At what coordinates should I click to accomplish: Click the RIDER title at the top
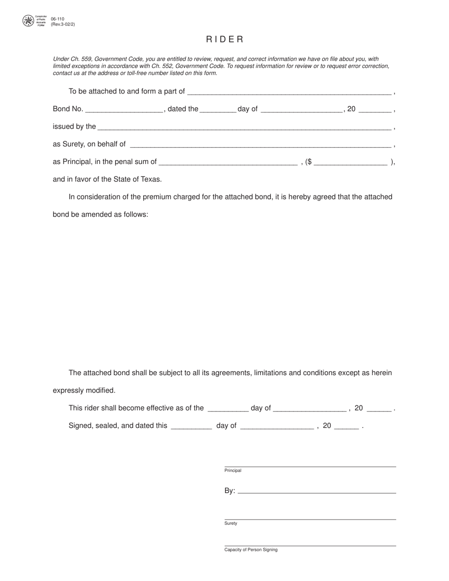point(224,39)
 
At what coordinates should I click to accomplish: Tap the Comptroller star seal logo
point(28,21)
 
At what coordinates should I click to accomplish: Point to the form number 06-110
point(58,19)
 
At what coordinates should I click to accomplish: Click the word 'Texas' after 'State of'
point(151,179)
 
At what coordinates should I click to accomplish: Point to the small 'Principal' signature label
point(233,470)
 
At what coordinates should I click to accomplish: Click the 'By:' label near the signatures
point(230,491)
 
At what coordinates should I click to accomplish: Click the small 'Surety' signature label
point(231,523)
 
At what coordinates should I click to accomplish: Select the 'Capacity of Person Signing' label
point(251,550)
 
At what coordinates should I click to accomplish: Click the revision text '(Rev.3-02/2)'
point(63,24)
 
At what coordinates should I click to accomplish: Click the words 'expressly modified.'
point(84,390)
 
